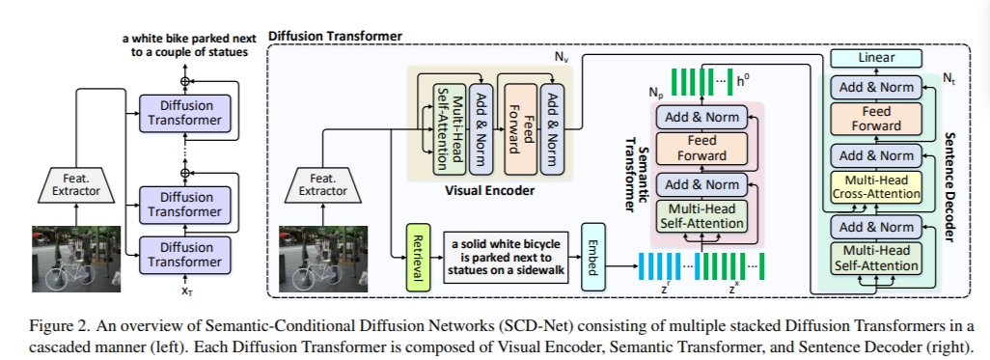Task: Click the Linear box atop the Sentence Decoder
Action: [876, 59]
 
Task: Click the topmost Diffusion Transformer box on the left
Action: [186, 112]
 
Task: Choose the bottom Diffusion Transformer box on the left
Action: [186, 254]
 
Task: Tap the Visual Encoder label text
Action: [489, 190]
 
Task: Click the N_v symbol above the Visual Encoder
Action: [561, 58]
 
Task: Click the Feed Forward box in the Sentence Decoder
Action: [876, 119]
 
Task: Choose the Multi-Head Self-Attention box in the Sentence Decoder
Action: [876, 259]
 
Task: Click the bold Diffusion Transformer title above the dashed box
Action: [335, 36]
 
